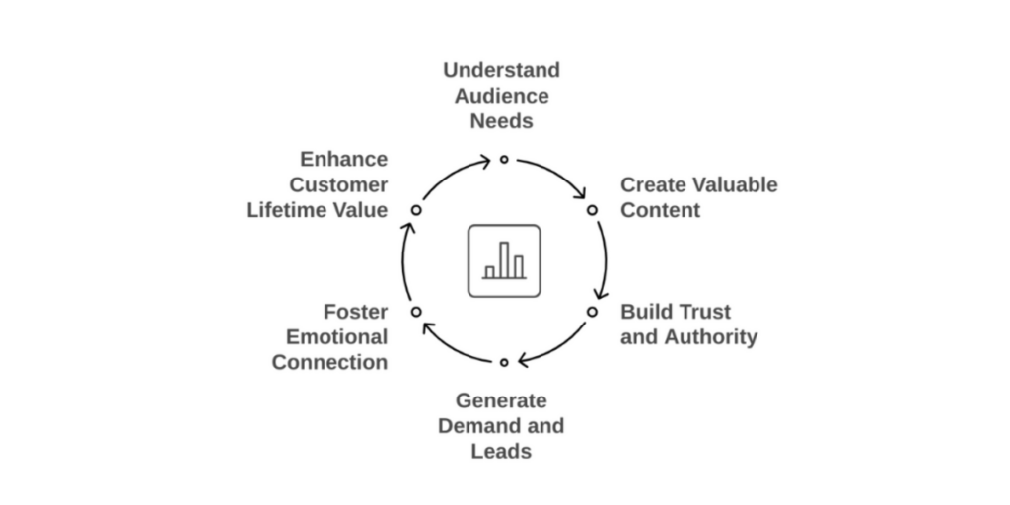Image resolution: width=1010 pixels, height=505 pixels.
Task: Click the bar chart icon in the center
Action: click(x=504, y=261)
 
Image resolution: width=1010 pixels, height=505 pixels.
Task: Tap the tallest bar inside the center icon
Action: click(x=504, y=259)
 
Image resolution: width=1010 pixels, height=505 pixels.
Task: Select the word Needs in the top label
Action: click(x=501, y=121)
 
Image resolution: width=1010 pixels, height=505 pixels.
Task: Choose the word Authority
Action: click(x=710, y=337)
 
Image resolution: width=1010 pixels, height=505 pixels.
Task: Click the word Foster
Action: click(x=356, y=312)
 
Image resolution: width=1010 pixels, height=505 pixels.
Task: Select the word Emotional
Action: click(x=337, y=337)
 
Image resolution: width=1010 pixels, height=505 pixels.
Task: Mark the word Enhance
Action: click(x=344, y=159)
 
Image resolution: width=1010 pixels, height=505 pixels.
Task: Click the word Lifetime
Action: click(x=288, y=210)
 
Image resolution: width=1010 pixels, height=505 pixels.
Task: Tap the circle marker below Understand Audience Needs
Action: click(x=504, y=159)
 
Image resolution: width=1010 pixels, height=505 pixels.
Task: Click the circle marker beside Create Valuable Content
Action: click(x=592, y=210)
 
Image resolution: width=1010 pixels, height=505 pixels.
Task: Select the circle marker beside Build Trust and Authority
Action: click(x=592, y=312)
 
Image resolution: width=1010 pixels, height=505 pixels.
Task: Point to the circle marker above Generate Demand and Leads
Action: click(x=504, y=363)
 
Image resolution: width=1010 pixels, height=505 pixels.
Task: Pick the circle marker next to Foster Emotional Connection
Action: click(x=416, y=312)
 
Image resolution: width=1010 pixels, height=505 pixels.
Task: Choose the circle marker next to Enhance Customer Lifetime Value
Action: click(x=416, y=210)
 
